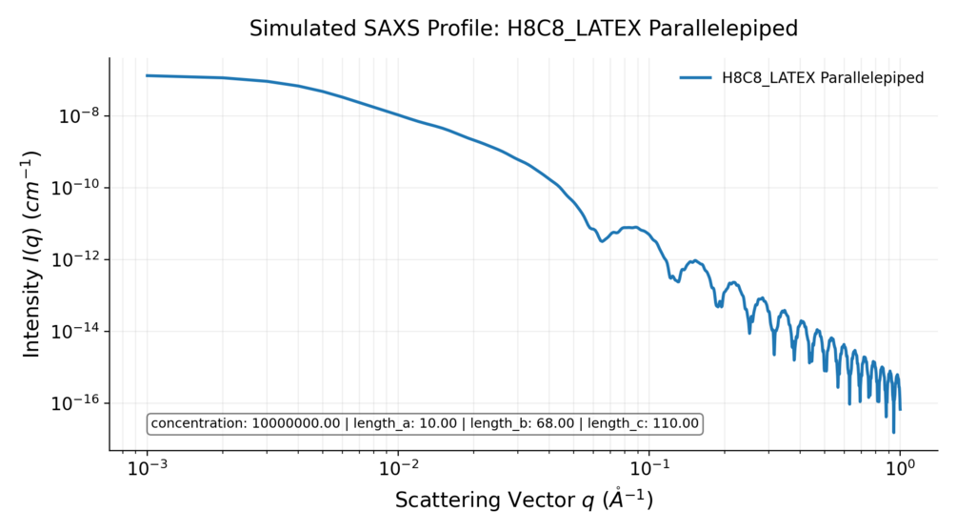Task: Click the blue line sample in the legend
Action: [695, 78]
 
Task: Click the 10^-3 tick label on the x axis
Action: [147, 469]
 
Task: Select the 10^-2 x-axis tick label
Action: [398, 469]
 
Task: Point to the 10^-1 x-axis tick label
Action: [648, 469]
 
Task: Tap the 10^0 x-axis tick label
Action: [900, 469]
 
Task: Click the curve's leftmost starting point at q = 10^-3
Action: [148, 75]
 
